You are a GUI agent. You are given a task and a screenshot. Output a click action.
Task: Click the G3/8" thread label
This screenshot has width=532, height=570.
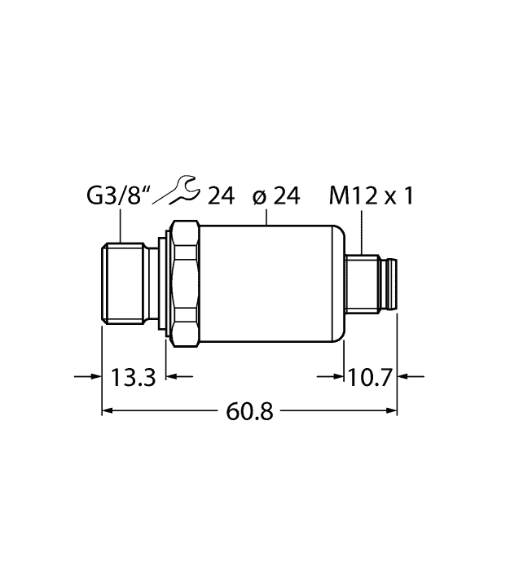119,195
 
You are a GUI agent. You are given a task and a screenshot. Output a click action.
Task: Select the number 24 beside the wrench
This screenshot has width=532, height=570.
221,196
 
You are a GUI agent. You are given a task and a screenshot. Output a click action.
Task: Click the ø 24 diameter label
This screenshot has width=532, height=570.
276,196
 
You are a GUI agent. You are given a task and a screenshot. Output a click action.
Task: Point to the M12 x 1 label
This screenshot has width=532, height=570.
371,196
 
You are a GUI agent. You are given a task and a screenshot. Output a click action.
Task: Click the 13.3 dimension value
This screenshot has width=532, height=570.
133,377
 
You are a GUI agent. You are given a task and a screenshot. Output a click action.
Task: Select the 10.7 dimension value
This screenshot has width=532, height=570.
370,377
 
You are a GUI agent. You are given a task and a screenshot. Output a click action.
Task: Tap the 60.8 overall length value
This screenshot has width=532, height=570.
249,411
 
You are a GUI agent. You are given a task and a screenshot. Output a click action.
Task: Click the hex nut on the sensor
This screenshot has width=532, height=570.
186,283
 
